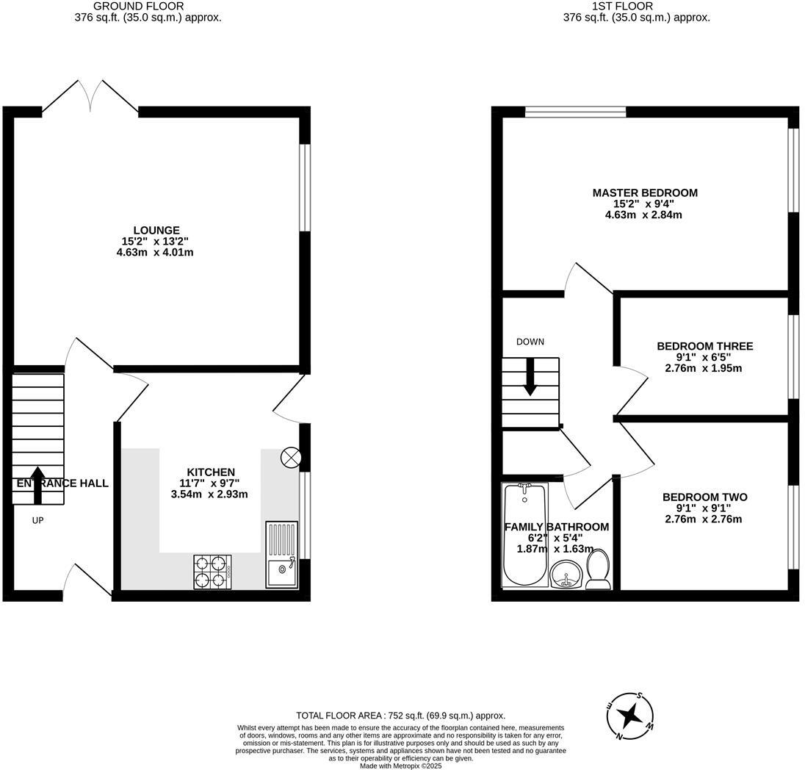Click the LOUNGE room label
[x=156, y=230]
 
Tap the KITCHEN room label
[x=210, y=472]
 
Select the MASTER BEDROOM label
[x=645, y=192]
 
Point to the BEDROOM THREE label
[x=704, y=346]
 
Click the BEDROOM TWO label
[x=704, y=497]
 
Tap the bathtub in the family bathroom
[x=524, y=536]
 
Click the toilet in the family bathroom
[x=599, y=569]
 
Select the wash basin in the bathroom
[x=566, y=574]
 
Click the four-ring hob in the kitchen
[x=212, y=572]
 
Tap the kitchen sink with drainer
[x=281, y=555]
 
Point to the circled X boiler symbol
[x=290, y=458]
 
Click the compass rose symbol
[x=629, y=715]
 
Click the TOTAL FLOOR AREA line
[x=400, y=715]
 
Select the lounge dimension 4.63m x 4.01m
[x=156, y=252]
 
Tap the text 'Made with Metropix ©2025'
[x=400, y=766]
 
